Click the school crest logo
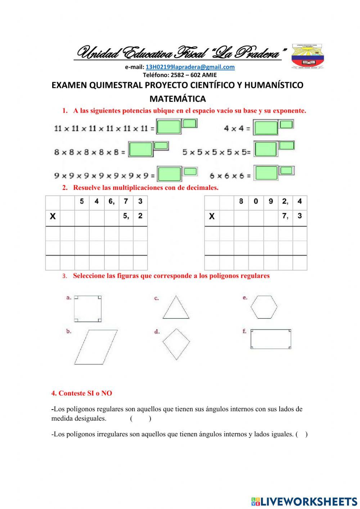coord(307,57)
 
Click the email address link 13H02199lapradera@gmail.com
coord(190,67)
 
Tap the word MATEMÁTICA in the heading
coord(177,99)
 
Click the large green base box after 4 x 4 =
coord(266,128)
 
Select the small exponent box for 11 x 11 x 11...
coord(189,124)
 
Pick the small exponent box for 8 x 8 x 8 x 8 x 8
coord(161,146)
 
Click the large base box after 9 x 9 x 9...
coord(169,174)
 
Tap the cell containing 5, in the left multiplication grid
coord(126,216)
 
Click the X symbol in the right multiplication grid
coord(212,216)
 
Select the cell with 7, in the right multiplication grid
coord(285,216)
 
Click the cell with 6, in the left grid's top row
coord(111,201)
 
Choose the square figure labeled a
coord(87,309)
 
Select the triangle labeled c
coord(176,308)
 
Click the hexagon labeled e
coord(264,307)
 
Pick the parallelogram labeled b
coord(96,347)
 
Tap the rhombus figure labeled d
coord(176,344)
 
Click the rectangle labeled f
coord(271,339)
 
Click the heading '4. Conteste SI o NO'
coord(82,393)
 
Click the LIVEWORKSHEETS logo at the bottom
coord(304,501)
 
